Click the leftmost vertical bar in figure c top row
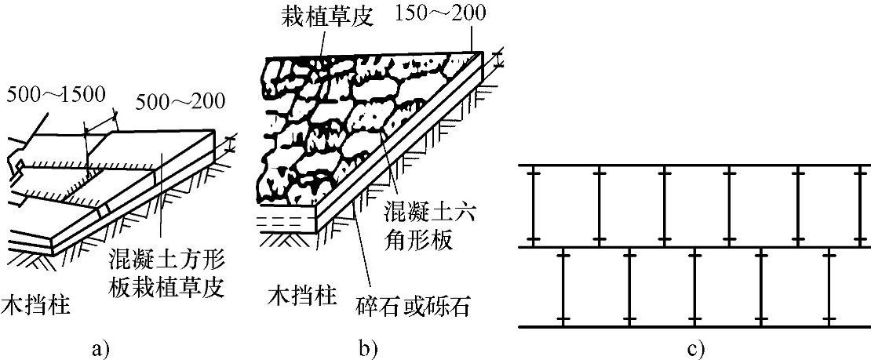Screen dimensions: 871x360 [x=531, y=206]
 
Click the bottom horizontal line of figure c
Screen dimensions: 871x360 [x=694, y=326]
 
